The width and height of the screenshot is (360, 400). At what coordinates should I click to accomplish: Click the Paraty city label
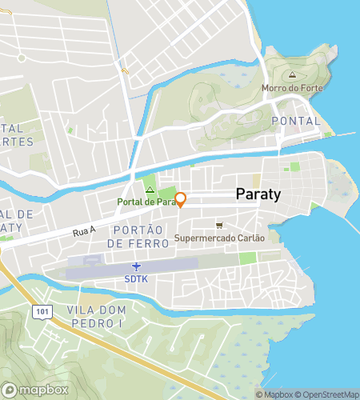click(259, 194)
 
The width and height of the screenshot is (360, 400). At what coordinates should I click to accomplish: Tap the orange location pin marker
click(180, 199)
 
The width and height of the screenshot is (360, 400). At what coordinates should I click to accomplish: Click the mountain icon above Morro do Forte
click(291, 74)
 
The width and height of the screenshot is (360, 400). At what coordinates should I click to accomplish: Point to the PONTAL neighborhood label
click(295, 121)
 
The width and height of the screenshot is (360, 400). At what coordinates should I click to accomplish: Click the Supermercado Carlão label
click(219, 238)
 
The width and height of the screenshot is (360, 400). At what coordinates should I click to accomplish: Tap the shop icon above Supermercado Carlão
click(218, 225)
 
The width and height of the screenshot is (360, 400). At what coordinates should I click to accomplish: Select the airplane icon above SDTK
click(136, 266)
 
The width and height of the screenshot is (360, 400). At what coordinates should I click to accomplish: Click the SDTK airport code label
click(136, 278)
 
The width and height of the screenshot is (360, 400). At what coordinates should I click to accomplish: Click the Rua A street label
click(83, 232)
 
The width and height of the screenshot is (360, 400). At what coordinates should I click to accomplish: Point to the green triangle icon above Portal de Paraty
click(149, 189)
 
